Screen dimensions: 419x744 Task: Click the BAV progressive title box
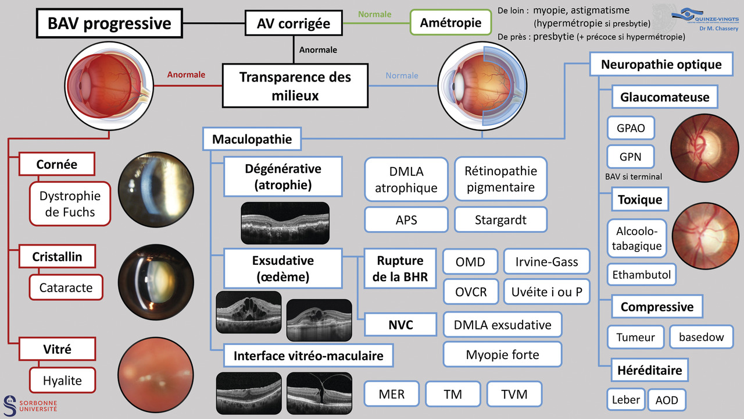tap(109, 23)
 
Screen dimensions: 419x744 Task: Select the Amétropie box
tap(450, 23)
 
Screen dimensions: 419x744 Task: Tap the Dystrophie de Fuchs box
tap(70, 204)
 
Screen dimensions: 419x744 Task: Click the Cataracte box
tap(66, 287)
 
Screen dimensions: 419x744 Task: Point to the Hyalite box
tap(62, 381)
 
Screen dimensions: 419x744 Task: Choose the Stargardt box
tap(500, 221)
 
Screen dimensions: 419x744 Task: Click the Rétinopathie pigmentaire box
tap(500, 179)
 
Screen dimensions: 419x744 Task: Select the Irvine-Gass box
tap(546, 262)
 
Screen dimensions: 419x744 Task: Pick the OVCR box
tap(470, 291)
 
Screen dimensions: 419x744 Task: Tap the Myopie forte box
tap(502, 354)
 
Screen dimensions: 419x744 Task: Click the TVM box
tap(514, 394)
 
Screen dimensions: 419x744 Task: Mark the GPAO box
tap(630, 128)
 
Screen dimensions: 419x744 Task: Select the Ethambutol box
tap(641, 274)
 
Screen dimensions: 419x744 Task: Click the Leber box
tap(625, 400)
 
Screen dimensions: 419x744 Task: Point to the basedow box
tap(701, 337)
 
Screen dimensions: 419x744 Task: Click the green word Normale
tap(374, 14)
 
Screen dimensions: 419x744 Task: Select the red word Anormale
tap(186, 74)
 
